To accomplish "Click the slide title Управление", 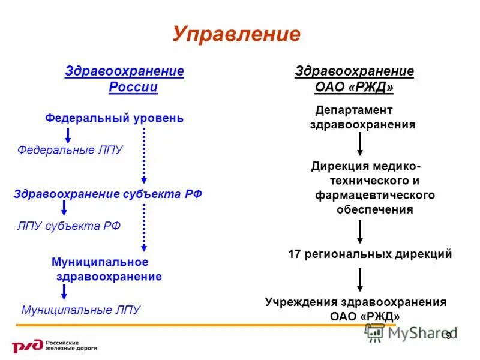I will (236, 34).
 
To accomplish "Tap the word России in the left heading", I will (133, 88).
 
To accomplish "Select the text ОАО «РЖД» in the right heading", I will (354, 88).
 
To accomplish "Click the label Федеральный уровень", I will (115, 118).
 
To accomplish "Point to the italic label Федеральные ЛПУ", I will (70, 149).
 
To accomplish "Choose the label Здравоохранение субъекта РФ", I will (108, 194).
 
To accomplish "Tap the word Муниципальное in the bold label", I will (100, 262).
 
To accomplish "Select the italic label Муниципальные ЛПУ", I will (80, 310).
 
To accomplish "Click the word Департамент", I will (354, 110).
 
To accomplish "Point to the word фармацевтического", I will (375, 196).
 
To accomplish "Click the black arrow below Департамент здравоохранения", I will (359, 145).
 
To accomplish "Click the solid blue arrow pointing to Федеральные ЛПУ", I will (68, 135).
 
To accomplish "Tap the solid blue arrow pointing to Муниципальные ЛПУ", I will (64, 292).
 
